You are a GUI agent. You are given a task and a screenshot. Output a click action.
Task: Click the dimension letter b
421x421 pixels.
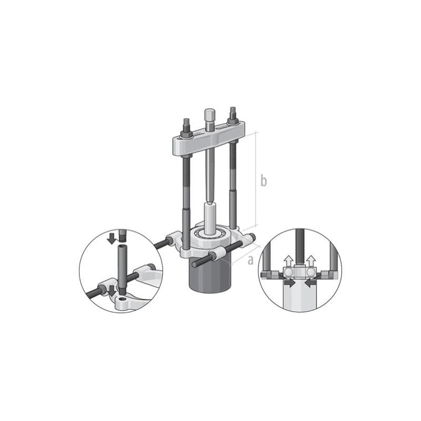(x=264, y=181)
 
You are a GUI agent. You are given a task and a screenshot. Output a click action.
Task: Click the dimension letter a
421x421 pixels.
(x=250, y=260)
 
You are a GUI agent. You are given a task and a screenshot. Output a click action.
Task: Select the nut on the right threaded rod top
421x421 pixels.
(x=233, y=112)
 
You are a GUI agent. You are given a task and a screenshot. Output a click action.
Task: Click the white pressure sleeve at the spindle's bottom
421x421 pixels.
(x=210, y=213)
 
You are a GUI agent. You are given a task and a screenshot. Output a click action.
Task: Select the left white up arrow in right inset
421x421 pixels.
(x=288, y=259)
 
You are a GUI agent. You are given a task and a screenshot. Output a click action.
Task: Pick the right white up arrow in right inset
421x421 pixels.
(x=310, y=259)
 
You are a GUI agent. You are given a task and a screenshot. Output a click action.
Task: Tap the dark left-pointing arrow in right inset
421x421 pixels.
(x=310, y=282)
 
